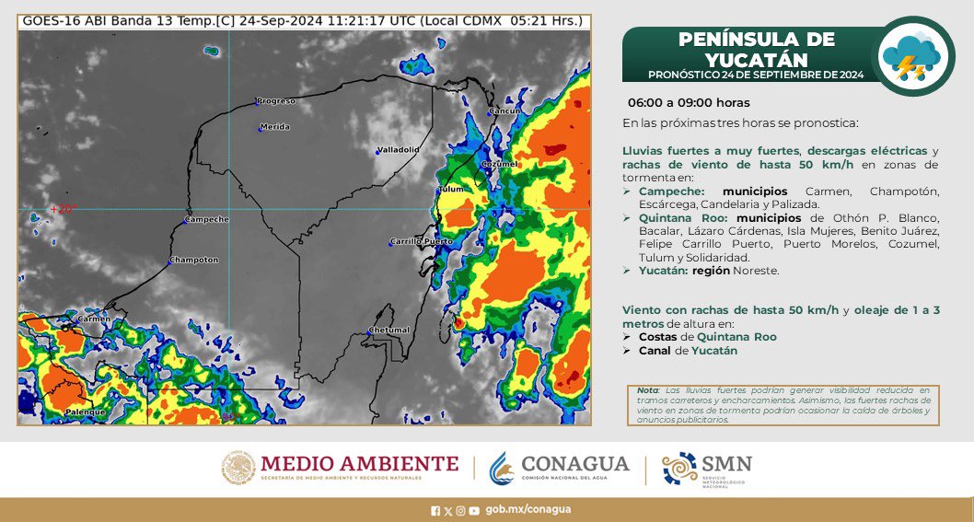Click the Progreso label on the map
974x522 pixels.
click(276, 100)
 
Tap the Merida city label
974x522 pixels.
click(275, 126)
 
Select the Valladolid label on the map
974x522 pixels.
click(399, 148)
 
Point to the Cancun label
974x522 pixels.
click(505, 110)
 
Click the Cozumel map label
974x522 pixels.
click(502, 163)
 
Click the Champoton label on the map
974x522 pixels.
click(195, 260)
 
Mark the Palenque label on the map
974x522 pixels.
click(87, 412)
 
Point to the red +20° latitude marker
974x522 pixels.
click(62, 209)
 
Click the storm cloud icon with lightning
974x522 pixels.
click(911, 56)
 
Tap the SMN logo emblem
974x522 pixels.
click(678, 468)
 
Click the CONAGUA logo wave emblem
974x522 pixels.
click(502, 468)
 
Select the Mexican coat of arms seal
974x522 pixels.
click(238, 468)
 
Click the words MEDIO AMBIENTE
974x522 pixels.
click(359, 463)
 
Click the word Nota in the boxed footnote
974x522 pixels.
click(646, 390)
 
